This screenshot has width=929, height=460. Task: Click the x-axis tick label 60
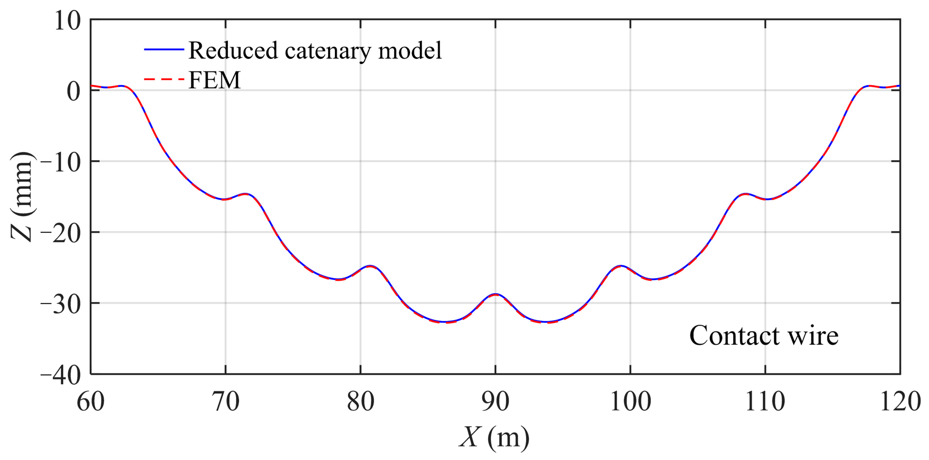click(90, 402)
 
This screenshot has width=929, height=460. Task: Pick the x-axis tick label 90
click(495, 402)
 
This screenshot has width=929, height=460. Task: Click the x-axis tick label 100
click(630, 402)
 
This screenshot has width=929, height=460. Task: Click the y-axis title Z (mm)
click(22, 197)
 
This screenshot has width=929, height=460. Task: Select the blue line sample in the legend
click(164, 49)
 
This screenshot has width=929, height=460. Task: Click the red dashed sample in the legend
click(164, 79)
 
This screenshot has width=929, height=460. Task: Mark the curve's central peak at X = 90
click(495, 294)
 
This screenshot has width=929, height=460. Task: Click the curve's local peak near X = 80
click(370, 266)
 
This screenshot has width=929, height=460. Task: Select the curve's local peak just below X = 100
click(621, 266)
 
